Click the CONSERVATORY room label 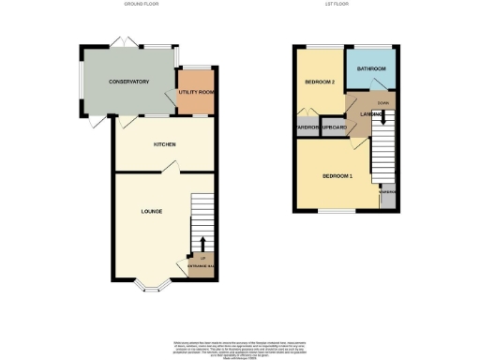pos(128,82)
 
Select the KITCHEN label pos(165,145)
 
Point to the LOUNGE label pos(151,211)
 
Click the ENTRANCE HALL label pos(202,269)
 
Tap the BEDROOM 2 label pos(320,82)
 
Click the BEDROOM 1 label pos(337,175)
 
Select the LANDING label pos(359,113)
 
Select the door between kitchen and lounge pos(170,167)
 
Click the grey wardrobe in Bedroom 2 pos(307,127)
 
